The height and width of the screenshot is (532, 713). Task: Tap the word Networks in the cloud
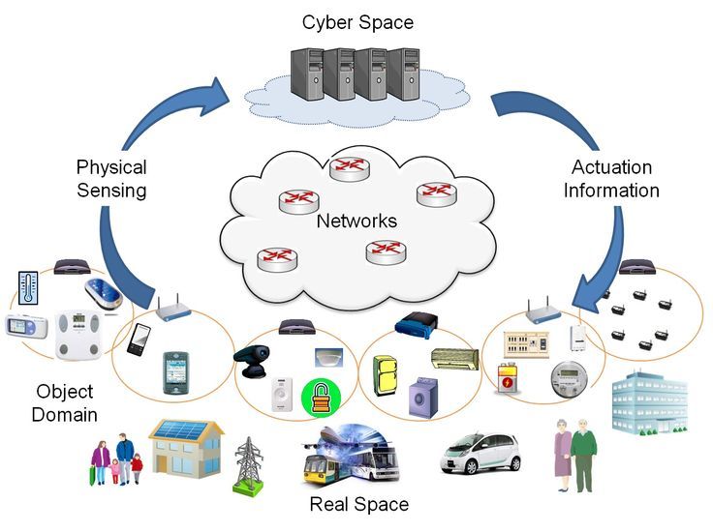[x=356, y=222]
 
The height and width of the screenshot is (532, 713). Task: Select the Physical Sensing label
[x=111, y=179]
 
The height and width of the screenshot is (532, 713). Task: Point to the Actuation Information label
[x=611, y=179]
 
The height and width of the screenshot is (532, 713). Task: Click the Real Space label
[x=358, y=504]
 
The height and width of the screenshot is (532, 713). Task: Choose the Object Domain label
[x=64, y=403]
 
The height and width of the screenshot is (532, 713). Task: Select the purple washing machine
[x=423, y=396]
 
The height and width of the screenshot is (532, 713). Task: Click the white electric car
[x=481, y=451]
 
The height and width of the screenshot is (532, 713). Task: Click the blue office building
[x=650, y=400]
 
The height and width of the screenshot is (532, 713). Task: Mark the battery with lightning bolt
[x=507, y=378]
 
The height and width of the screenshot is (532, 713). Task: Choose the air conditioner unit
[x=453, y=361]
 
